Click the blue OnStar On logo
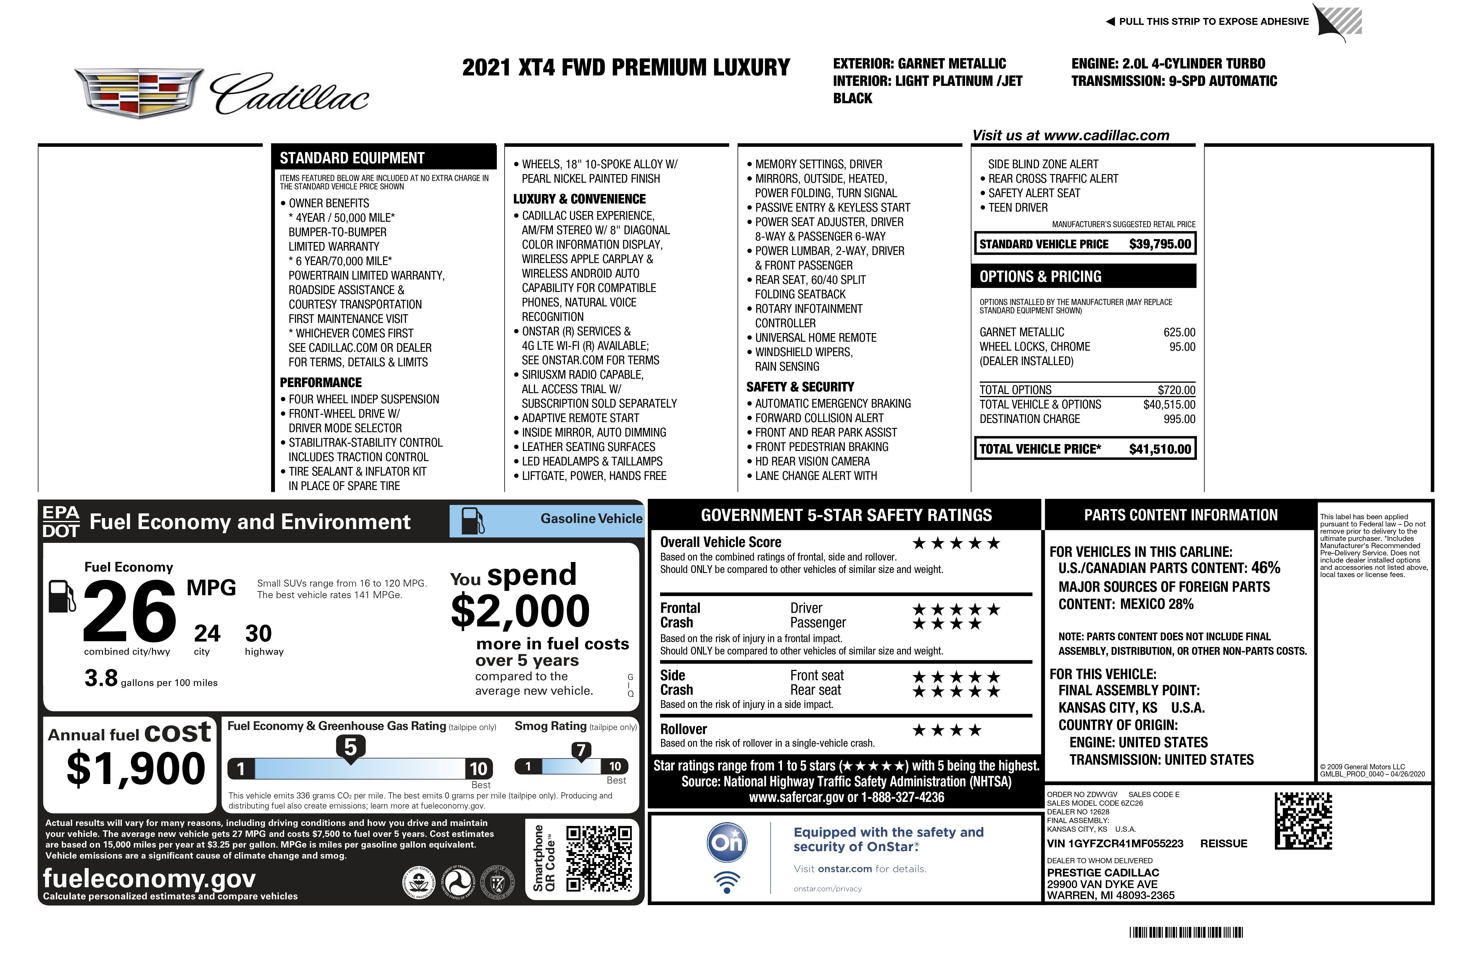pyautogui.click(x=727, y=842)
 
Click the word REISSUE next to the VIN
pyautogui.click(x=1223, y=844)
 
